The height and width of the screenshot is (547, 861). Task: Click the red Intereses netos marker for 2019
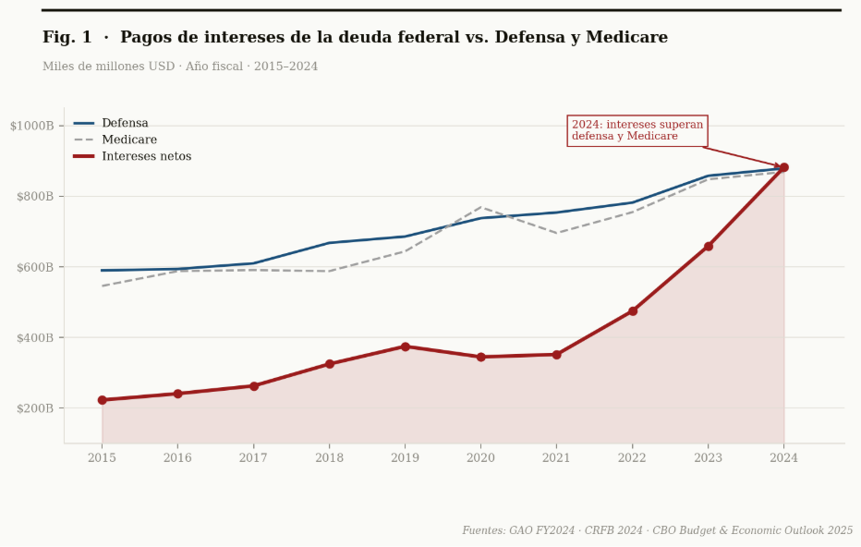(405, 346)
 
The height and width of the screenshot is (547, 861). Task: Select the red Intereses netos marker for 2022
(632, 311)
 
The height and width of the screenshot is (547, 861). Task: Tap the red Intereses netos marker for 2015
(102, 400)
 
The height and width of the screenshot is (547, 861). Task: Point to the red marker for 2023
(708, 247)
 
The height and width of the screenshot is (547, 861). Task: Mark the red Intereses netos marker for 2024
(783, 167)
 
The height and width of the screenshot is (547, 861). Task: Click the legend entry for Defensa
(125, 123)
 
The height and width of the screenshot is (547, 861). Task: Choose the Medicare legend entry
(128, 140)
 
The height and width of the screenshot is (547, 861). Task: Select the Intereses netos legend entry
(146, 156)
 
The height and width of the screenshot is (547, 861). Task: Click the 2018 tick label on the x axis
(329, 458)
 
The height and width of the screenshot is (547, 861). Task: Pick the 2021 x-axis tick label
(556, 458)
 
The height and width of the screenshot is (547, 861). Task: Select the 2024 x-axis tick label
(783, 458)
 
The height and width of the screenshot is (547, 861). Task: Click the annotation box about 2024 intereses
(637, 130)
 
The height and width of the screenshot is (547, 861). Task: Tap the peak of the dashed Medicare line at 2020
(480, 207)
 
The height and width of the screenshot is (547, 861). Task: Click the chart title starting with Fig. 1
(355, 38)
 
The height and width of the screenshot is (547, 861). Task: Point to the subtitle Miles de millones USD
(180, 67)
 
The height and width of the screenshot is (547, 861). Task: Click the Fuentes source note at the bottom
(657, 530)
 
